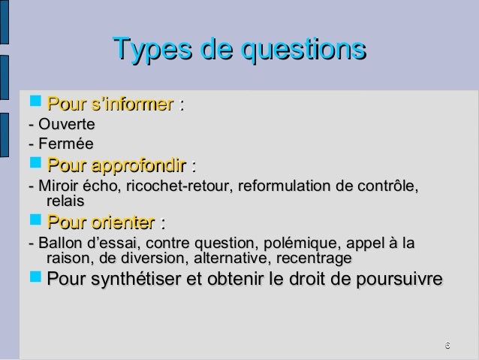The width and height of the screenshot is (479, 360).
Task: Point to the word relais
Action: click(65, 201)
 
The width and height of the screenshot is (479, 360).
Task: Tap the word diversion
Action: click(145, 259)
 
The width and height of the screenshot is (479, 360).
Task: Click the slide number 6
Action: click(447, 345)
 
